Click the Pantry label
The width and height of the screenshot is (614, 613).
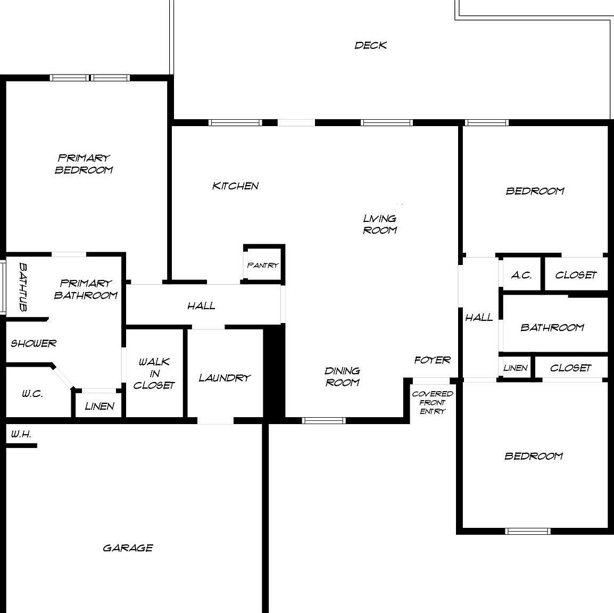263,265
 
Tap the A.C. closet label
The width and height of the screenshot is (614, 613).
521,275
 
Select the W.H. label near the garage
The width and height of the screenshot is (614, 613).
21,434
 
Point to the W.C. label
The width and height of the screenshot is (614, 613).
32,394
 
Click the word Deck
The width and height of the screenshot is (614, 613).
370,45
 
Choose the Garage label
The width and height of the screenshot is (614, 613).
128,548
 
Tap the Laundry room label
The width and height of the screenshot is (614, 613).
225,378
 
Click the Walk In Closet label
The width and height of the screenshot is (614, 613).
154,374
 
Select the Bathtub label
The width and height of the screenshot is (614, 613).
23,286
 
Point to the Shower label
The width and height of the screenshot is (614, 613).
34,343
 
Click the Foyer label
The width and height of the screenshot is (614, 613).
432,360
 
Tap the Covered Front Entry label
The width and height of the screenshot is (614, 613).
432,402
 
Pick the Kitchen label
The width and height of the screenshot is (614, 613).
235,186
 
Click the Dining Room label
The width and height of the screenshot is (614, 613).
342,376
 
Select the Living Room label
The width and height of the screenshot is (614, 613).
380,224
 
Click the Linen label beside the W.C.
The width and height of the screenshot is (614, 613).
99,407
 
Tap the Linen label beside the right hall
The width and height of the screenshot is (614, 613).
515,368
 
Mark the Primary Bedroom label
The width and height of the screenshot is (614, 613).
84,164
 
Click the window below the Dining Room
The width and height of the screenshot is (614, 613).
323,420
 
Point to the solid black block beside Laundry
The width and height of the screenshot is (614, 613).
275,372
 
